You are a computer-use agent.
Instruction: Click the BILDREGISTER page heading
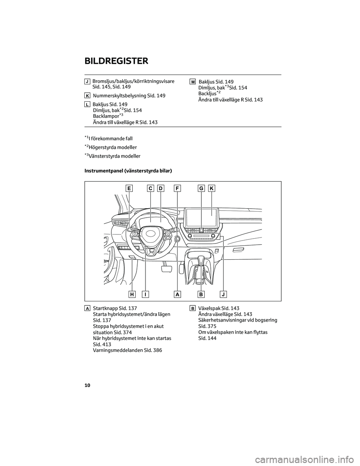pyautogui.click(x=116, y=61)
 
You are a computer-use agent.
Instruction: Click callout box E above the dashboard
pyautogui.click(x=129, y=188)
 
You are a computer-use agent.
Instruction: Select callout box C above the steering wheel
pyautogui.click(x=150, y=188)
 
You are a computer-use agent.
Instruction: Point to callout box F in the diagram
pyautogui.click(x=177, y=188)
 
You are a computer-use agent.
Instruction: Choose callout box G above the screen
pyautogui.click(x=201, y=188)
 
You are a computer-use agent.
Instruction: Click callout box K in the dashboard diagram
pyautogui.click(x=211, y=188)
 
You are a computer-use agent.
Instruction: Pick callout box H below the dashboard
pyautogui.click(x=132, y=294)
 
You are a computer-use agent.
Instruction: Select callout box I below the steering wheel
pyautogui.click(x=145, y=294)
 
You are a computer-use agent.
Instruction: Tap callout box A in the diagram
pyautogui.click(x=177, y=294)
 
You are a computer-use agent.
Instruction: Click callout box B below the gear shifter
pyautogui.click(x=201, y=294)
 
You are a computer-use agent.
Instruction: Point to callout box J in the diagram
pyautogui.click(x=223, y=294)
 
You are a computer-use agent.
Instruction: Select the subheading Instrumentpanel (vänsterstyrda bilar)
pyautogui.click(x=128, y=171)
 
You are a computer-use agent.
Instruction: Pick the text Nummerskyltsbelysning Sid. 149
pyautogui.click(x=129, y=96)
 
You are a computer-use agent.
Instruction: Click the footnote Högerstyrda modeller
pyautogui.click(x=112, y=147)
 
